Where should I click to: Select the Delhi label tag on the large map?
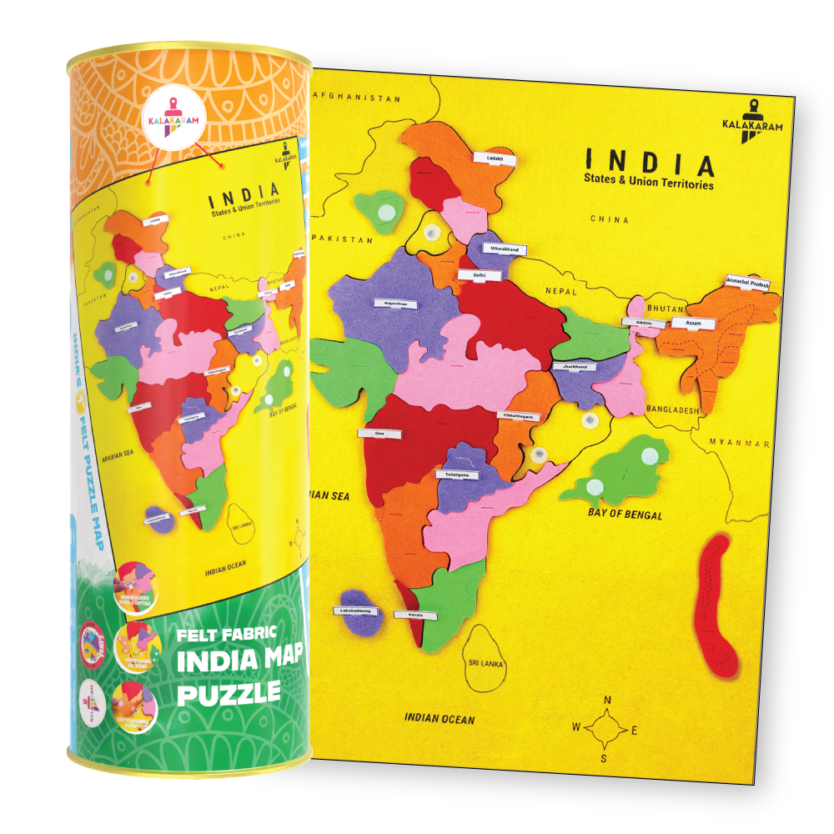(478, 274)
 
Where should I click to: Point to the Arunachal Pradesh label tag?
(748, 283)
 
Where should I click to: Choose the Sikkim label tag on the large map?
(638, 321)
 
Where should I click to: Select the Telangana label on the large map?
(457, 475)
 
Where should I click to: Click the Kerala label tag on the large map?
(416, 615)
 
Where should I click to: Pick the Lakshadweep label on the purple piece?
(357, 610)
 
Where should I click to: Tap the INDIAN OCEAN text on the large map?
(440, 718)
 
